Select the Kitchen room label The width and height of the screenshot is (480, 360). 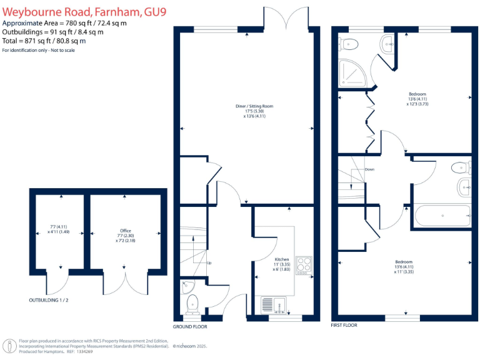pos(282,258)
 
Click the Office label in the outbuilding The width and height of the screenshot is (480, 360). pos(126,231)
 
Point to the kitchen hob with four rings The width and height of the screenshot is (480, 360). pos(303,264)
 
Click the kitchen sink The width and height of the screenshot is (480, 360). pos(272,304)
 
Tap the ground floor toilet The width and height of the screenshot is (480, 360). pos(193,304)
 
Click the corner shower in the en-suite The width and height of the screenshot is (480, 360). pos(353,74)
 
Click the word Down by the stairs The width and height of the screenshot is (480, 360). pos(369,169)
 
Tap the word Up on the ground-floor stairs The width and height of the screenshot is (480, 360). pos(209,263)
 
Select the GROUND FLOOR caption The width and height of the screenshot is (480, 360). pos(189,327)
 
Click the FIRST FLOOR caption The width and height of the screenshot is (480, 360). pos(344,326)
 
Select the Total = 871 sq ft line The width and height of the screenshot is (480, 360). pos(44,41)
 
